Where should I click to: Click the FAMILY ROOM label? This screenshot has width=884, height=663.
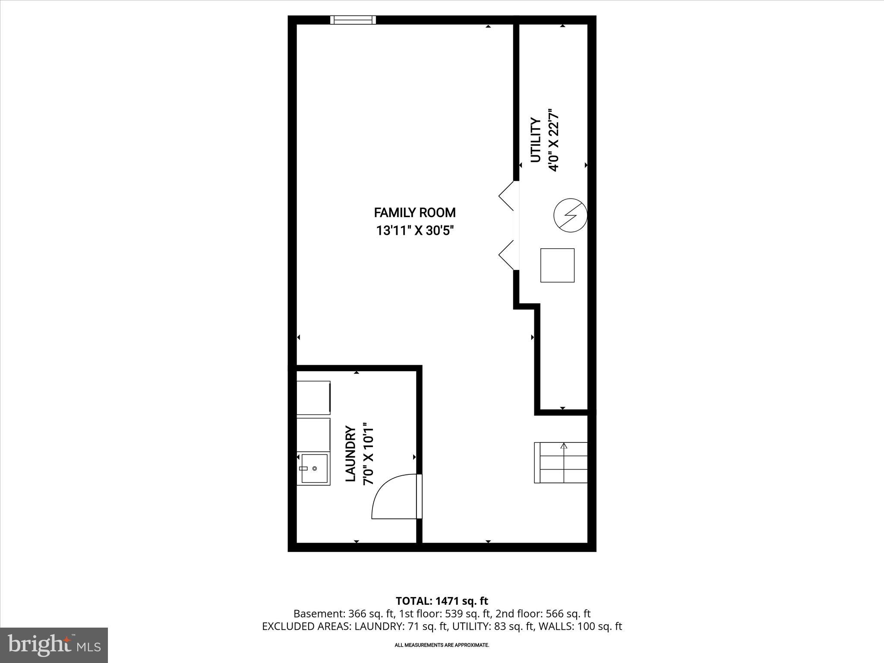(x=414, y=213)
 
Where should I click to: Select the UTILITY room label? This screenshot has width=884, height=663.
(x=535, y=140)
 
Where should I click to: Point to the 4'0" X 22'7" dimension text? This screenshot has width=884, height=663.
(x=554, y=140)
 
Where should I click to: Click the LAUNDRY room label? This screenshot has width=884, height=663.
(x=350, y=454)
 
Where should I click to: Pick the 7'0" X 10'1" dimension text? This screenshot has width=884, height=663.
(x=369, y=454)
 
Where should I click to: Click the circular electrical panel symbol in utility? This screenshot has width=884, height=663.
(x=570, y=215)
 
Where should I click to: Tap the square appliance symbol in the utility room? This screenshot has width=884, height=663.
(x=557, y=265)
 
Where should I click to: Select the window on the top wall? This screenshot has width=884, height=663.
(x=353, y=20)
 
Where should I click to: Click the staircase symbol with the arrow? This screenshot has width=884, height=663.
(x=561, y=462)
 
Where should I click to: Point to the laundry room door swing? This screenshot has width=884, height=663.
(x=394, y=496)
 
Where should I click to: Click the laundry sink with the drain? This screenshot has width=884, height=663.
(x=314, y=468)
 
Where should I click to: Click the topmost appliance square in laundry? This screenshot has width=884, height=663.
(x=313, y=398)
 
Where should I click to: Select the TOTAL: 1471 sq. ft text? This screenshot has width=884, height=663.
(x=442, y=601)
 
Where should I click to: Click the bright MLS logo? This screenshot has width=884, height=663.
(x=54, y=645)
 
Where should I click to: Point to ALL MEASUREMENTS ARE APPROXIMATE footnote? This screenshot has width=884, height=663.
(x=442, y=645)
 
